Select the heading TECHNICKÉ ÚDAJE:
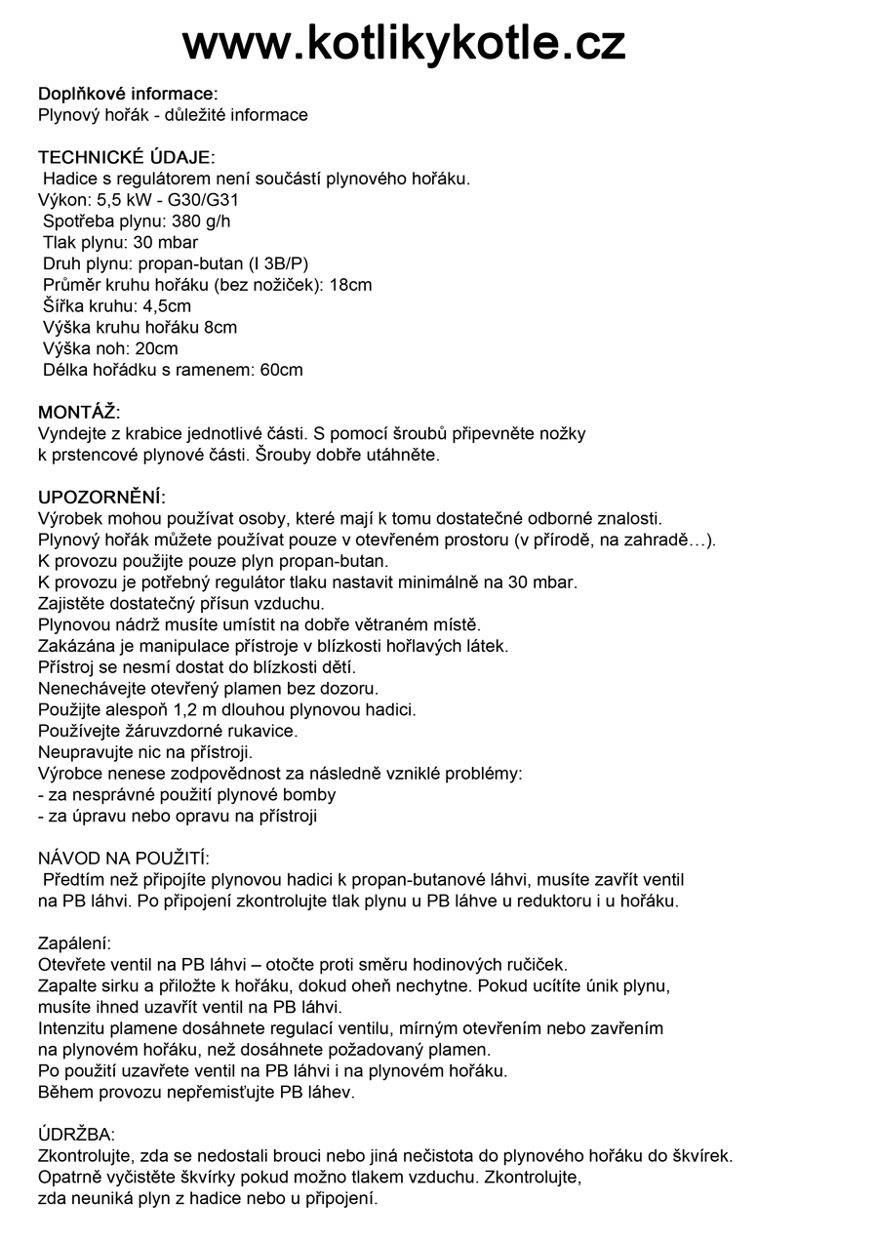[x=127, y=157]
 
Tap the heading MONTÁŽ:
[x=79, y=412]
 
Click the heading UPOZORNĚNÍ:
[x=101, y=498]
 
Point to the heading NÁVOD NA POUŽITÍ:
[x=124, y=858]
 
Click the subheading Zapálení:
[x=75, y=943]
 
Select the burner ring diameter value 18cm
[x=350, y=285]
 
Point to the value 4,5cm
[x=167, y=306]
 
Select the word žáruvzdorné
[x=167, y=731]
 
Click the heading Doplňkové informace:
[x=128, y=94]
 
